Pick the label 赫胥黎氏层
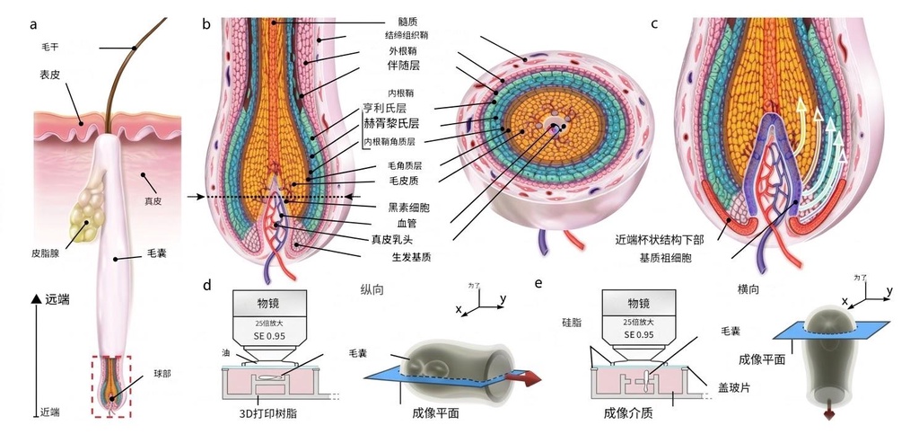(x=395, y=122)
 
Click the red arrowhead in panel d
(x=532, y=380)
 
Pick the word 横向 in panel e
(x=748, y=290)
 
